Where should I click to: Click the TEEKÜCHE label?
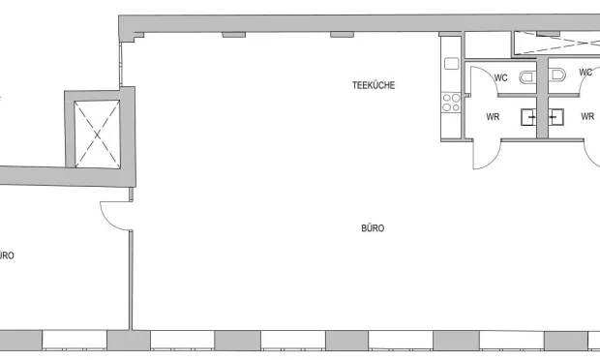[374, 85]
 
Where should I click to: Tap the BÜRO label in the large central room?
[373, 228]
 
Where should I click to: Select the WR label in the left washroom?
[493, 117]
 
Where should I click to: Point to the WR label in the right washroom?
[587, 116]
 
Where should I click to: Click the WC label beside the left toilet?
[501, 78]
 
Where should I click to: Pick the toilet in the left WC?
[528, 76]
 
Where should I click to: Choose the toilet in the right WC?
[556, 75]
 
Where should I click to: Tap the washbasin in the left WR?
[528, 117]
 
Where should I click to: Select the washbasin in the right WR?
[555, 117]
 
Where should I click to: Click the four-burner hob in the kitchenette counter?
[451, 103]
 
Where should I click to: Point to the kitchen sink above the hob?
[452, 64]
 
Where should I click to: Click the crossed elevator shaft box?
[97, 135]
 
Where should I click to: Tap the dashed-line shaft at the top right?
[556, 44]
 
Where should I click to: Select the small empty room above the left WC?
[488, 45]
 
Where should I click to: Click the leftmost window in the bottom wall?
[75, 340]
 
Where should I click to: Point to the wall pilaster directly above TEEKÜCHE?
[342, 35]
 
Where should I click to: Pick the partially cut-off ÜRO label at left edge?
[7, 255]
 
